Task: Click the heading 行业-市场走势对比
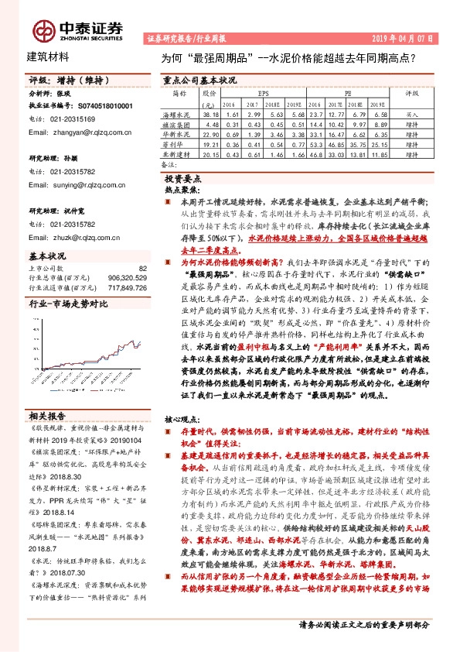(x=67, y=304)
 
